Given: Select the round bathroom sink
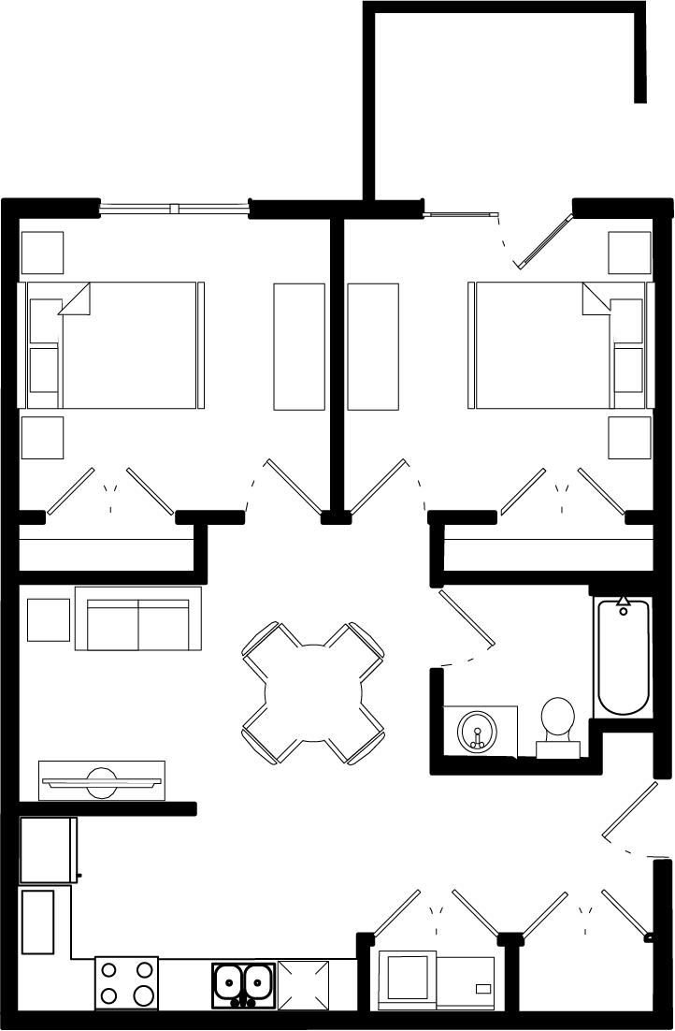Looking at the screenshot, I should pyautogui.click(x=477, y=730).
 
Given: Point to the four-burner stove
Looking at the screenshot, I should pyautogui.click(x=126, y=982).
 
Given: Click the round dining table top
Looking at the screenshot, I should pyautogui.click(x=313, y=693).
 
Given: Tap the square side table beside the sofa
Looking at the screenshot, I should pyautogui.click(x=49, y=619).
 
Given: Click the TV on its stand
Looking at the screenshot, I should pyautogui.click(x=101, y=780).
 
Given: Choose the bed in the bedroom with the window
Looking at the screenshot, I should pyautogui.click(x=117, y=345).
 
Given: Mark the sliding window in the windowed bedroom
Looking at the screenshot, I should pyautogui.click(x=174, y=208).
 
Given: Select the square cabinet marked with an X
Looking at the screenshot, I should pyautogui.click(x=304, y=984).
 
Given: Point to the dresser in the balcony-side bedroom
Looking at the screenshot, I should pyautogui.click(x=373, y=346).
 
